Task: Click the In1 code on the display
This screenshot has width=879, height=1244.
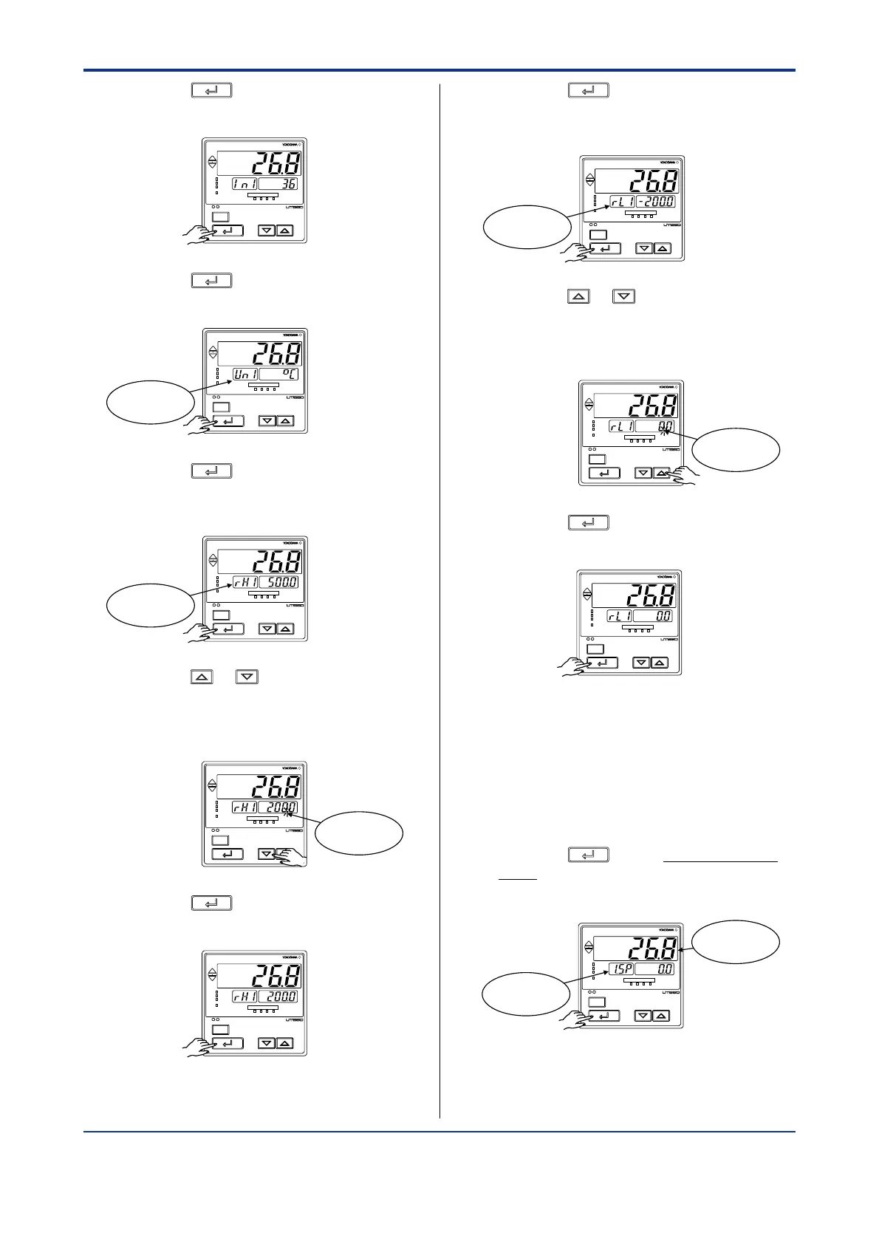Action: [244, 183]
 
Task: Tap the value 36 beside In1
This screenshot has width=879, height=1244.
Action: [279, 183]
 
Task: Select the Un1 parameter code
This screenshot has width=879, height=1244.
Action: [245, 375]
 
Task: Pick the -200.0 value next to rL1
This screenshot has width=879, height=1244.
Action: [655, 202]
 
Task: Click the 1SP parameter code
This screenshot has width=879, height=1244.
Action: [620, 969]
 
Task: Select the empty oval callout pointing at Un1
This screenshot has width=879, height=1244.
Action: [151, 403]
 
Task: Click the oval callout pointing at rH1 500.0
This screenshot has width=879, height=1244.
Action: [151, 605]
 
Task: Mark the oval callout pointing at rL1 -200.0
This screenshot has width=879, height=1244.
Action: [527, 227]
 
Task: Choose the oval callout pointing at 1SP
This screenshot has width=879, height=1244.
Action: [526, 994]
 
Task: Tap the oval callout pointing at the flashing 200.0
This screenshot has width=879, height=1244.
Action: [359, 833]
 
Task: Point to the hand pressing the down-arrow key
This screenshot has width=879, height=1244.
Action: [291, 857]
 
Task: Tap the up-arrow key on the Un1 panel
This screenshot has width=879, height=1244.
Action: [285, 421]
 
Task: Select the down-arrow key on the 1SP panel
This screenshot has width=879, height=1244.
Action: [643, 1016]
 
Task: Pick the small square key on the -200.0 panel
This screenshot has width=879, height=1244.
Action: [598, 235]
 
